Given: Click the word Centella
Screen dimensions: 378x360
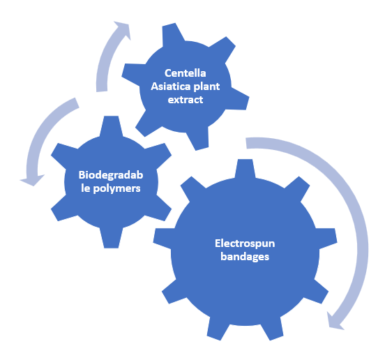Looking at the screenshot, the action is coord(185,73).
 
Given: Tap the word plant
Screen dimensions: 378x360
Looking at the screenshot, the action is coord(206,87).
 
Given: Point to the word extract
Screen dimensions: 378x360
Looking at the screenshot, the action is coord(185,100).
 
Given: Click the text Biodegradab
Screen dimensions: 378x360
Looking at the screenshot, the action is coord(111,175).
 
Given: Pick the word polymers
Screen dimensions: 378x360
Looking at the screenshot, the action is coord(116,189).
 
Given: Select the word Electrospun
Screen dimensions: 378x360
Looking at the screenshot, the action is coord(245,243).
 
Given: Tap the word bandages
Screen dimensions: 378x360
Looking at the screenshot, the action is coord(245,257).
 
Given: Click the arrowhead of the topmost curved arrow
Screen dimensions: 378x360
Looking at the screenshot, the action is coord(123,29).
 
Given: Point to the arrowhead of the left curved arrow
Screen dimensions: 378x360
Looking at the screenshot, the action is coord(32,180).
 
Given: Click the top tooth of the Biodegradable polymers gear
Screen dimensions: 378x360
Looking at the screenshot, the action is coord(111,126).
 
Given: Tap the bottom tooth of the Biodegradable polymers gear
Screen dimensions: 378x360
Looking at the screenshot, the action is coord(111,237).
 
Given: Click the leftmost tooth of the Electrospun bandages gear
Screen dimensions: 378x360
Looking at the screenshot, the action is coord(162,239).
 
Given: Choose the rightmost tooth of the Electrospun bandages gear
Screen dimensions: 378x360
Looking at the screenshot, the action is coord(326,239).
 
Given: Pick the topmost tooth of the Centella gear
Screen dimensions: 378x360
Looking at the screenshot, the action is coord(172,33).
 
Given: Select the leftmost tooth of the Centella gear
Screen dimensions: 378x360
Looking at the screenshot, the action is coord(133,73).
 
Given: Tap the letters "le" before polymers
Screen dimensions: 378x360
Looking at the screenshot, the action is coord(86,188).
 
